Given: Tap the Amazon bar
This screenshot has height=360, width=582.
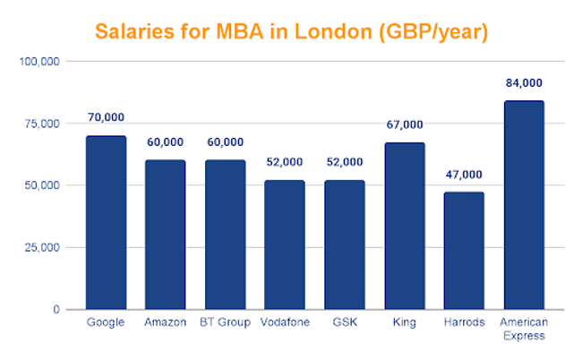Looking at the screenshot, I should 165,235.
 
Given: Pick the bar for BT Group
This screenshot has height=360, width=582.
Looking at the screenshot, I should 225,235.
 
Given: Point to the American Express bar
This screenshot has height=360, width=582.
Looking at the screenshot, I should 524,205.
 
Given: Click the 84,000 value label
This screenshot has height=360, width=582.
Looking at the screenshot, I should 524,83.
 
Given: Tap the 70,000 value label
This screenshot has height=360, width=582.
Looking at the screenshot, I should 106,117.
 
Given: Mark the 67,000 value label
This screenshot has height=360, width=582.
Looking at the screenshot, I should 405,124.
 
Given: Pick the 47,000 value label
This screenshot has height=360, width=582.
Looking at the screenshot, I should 464,175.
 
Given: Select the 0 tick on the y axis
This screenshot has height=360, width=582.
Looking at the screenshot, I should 56,310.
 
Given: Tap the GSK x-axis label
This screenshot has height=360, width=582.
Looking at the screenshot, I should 344,322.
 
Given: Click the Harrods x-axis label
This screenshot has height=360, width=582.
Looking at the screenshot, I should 464,322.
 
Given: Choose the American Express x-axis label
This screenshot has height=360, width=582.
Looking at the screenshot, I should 524,329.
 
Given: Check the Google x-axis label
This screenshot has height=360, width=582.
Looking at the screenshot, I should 106,322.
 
